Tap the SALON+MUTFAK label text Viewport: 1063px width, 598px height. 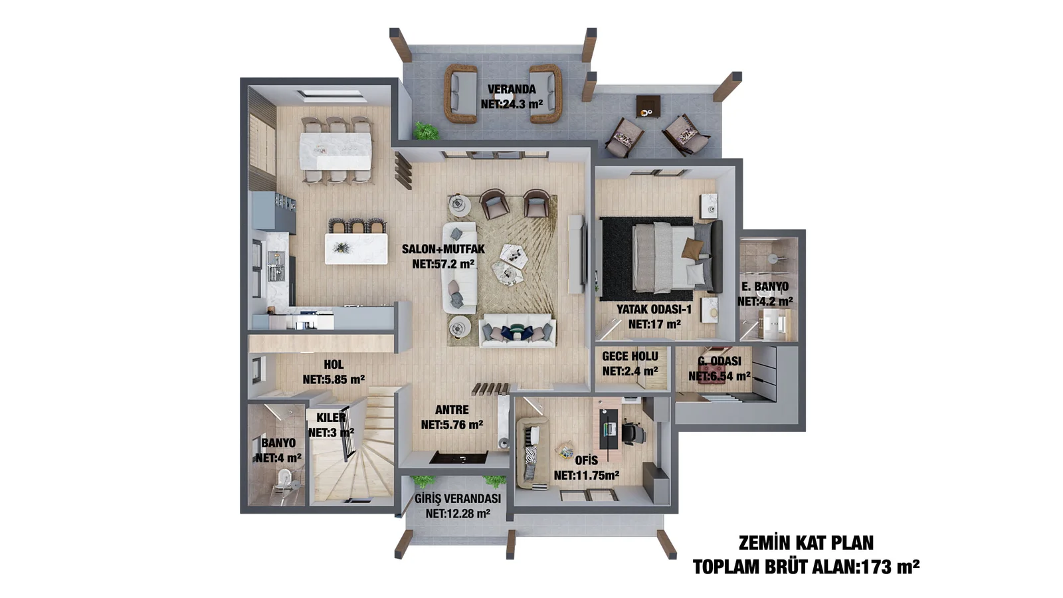(443, 249)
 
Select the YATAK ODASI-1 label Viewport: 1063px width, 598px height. (654, 310)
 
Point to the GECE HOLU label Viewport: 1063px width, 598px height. (630, 356)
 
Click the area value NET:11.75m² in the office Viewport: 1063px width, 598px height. (587, 475)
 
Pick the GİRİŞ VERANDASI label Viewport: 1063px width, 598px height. (458, 499)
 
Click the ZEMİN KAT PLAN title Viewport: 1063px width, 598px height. (806, 543)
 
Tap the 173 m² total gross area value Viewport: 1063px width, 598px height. (890, 567)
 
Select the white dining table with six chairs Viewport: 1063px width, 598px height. (336, 150)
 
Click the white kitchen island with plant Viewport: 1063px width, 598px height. (356, 249)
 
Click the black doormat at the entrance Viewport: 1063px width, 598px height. (458, 458)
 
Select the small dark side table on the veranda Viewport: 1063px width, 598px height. (648, 107)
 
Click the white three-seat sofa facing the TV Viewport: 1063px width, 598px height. (459, 268)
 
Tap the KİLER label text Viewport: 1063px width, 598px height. (331, 418)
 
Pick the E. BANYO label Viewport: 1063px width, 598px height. (765, 286)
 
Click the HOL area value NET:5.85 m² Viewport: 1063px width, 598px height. (334, 379)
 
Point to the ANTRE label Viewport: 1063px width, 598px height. (452, 410)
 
